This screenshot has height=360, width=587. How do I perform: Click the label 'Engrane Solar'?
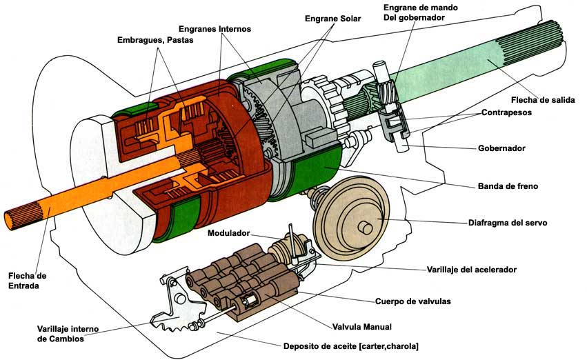click(332, 19)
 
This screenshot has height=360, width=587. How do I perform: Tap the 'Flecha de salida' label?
click(543, 100)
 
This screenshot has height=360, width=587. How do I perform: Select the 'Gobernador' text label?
click(501, 148)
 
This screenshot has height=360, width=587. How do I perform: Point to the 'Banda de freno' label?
click(508, 186)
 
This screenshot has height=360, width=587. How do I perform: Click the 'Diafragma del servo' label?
click(508, 223)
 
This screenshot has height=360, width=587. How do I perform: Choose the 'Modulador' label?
click(228, 233)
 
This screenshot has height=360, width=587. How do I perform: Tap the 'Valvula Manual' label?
click(362, 327)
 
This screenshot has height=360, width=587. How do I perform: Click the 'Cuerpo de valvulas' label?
click(413, 301)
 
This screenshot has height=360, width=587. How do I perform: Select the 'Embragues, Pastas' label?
click(155, 40)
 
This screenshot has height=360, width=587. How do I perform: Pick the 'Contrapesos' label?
click(506, 112)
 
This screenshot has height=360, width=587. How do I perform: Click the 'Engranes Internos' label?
click(215, 29)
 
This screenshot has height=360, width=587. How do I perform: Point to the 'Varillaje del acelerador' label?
click(472, 270)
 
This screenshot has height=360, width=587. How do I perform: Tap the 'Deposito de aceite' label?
click(319, 346)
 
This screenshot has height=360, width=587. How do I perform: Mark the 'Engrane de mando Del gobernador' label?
click(420, 12)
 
